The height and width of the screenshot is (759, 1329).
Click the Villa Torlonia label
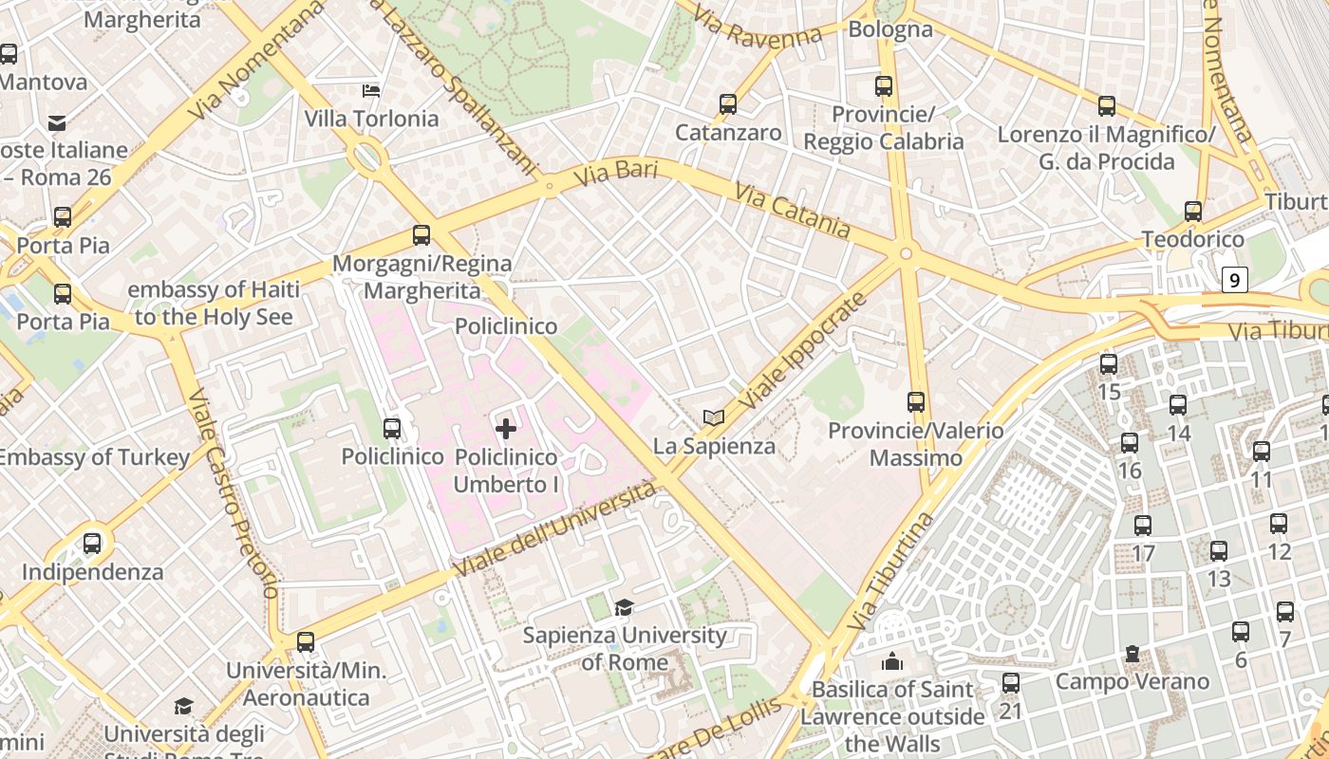(x=371, y=119)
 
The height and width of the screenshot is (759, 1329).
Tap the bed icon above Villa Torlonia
(x=371, y=91)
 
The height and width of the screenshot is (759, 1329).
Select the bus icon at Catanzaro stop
(x=728, y=104)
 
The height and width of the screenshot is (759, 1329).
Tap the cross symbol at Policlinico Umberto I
(x=506, y=429)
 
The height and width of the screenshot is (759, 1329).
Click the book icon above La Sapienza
(x=714, y=417)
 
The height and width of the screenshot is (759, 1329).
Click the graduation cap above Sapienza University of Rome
(x=624, y=607)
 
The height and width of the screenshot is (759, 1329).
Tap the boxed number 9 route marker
(x=1233, y=280)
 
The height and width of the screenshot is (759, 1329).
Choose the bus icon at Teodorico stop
(x=1193, y=212)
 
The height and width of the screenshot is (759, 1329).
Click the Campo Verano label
(x=1132, y=681)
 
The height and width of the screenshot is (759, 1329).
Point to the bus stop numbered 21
(x=1011, y=682)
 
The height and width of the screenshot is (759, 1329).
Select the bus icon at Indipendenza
(x=92, y=544)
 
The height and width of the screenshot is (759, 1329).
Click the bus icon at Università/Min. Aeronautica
(x=306, y=642)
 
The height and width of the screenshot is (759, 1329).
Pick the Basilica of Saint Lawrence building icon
(x=892, y=661)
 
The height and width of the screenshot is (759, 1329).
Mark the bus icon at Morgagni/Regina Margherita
(x=421, y=235)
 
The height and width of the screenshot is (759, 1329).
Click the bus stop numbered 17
(x=1143, y=526)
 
